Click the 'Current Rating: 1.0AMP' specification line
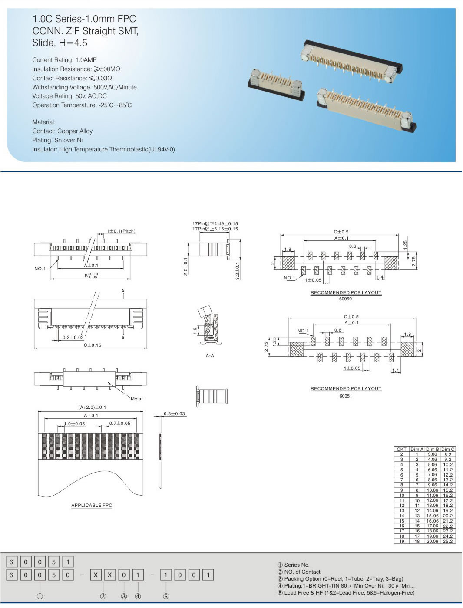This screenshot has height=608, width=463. click(x=64, y=60)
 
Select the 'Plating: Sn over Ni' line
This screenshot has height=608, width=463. click(x=57, y=140)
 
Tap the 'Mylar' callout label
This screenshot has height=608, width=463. click(x=136, y=398)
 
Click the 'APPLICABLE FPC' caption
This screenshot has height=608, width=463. click(x=92, y=505)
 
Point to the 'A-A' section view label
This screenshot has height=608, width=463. click(x=210, y=355)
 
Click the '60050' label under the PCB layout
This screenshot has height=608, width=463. click(x=345, y=299)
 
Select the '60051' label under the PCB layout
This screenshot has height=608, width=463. click(x=345, y=396)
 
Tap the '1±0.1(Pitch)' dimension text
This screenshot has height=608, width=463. click(x=121, y=231)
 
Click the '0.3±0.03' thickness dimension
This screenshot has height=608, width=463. click(x=174, y=414)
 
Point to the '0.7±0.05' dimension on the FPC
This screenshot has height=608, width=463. click(x=119, y=423)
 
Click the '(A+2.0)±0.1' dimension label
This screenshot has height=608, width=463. click(x=92, y=407)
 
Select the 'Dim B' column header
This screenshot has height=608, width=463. click(x=432, y=449)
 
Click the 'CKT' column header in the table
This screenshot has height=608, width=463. click(x=401, y=449)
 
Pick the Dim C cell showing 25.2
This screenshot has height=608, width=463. click(x=448, y=541)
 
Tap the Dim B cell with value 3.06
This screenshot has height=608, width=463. click(x=432, y=454)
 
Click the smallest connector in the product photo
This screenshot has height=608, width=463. click(x=276, y=85)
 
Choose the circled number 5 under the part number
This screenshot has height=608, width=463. click(x=166, y=596)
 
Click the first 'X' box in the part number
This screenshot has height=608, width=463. click(x=96, y=575)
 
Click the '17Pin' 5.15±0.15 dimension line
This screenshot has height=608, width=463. click(x=215, y=229)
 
